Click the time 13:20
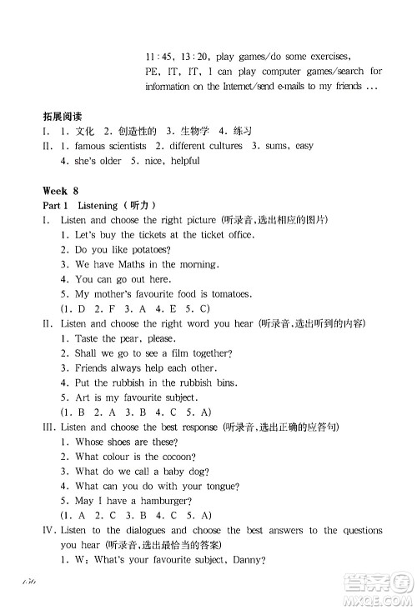tap(191, 57)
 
